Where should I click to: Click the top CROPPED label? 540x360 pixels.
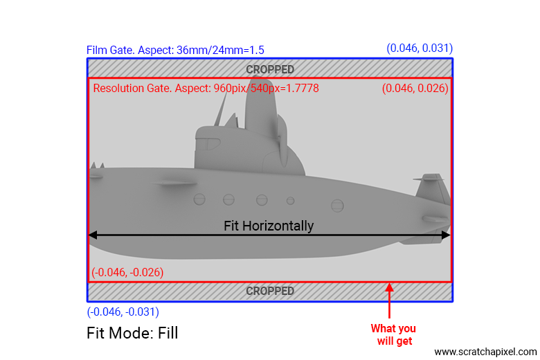click(270, 70)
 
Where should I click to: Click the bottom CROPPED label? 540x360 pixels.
click(270, 291)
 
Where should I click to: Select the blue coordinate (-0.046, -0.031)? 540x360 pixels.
click(123, 312)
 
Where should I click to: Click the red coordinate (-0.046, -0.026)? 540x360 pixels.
click(127, 272)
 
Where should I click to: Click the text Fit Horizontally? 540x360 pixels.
click(269, 226)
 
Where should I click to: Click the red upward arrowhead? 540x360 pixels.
click(389, 287)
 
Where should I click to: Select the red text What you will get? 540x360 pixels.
click(394, 334)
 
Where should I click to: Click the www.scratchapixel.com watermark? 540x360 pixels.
click(485, 352)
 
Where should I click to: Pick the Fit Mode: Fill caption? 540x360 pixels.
click(132, 333)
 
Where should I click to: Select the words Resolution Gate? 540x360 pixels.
click(132, 88)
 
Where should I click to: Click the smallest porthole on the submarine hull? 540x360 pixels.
click(290, 201)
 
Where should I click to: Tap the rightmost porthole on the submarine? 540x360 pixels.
click(337, 206)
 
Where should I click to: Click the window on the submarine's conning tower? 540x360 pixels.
click(208, 144)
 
